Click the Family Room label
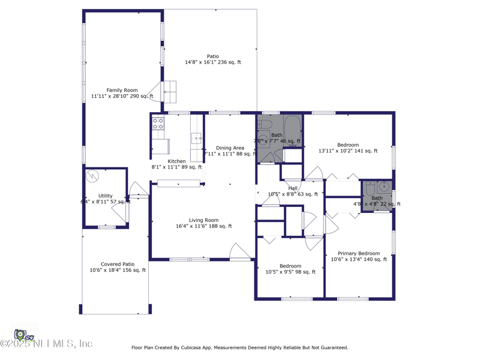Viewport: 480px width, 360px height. (x=122, y=91)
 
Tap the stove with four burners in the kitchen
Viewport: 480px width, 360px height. (x=158, y=124)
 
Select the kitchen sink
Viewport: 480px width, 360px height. (x=197, y=139)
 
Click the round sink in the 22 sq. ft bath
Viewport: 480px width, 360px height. (x=385, y=187)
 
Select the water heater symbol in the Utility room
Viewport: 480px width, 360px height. (x=92, y=176)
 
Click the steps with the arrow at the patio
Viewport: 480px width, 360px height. (x=170, y=92)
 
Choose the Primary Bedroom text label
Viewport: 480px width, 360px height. (x=359, y=253)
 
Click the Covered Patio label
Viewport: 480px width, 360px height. (x=118, y=264)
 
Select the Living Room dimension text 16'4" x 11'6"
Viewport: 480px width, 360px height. (x=204, y=226)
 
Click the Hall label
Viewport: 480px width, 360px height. (x=293, y=188)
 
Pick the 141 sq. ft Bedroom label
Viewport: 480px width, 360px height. (x=348, y=145)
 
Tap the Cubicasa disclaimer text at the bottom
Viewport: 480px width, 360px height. (x=239, y=347)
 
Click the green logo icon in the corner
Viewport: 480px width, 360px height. (x=20, y=334)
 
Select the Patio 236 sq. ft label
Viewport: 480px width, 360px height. (x=213, y=56)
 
